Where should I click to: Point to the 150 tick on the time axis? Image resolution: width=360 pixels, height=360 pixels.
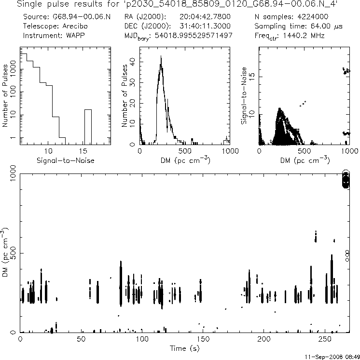click(203, 339)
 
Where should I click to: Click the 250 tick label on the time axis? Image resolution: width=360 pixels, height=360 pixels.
click(325, 339)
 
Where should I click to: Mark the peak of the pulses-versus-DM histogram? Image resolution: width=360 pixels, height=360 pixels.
click(161, 57)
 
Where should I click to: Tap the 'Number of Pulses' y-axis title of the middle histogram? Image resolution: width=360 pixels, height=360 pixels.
click(125, 96)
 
